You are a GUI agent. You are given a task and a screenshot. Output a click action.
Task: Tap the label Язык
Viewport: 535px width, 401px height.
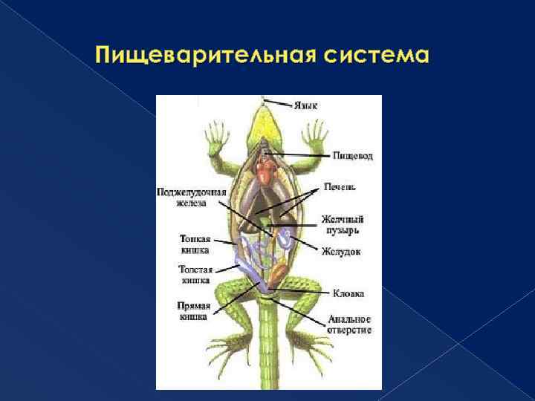pos(305,105)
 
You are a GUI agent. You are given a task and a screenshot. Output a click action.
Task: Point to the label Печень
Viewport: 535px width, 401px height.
pos(339,186)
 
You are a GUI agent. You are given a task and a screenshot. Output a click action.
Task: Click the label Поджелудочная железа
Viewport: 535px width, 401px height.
pos(191,197)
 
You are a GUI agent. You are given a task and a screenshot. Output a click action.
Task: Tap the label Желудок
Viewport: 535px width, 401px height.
pos(341,251)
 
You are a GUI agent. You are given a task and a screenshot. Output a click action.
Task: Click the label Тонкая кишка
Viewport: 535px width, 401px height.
pos(195,244)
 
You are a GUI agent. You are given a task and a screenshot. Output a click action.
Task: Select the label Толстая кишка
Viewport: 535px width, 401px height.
pos(195,275)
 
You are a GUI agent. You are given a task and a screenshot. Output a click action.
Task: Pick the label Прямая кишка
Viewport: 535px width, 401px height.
pos(194,310)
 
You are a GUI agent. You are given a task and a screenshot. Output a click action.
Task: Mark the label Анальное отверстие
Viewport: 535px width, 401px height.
pos(349,325)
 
